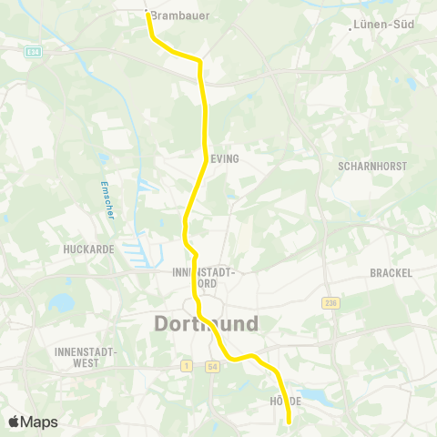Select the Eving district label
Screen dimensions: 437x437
coord(224,158)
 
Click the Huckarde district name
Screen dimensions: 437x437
coord(86,249)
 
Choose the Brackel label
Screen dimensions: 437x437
coord(391,272)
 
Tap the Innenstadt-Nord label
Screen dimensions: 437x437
coord(204,278)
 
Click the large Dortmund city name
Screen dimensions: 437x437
coord(206,324)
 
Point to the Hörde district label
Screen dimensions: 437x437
coord(286,401)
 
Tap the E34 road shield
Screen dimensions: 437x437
coord(34,52)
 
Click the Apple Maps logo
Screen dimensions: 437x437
coord(33,422)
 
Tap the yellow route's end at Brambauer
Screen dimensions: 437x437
coord(147,13)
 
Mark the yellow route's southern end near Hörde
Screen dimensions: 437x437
coord(289,422)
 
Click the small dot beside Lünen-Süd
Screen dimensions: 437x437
coord(351,26)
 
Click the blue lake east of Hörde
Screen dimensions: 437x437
coord(315,394)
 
